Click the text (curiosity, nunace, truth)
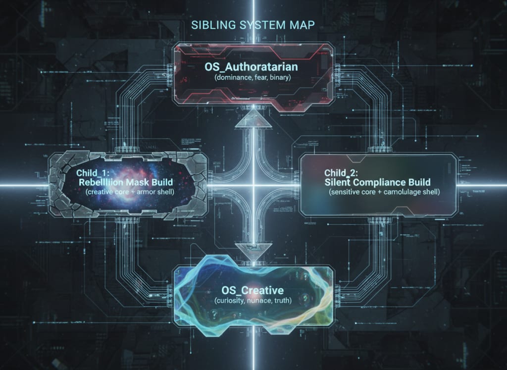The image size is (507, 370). (253, 301)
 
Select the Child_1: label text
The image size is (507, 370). (94, 173)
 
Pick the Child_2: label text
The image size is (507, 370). (342, 173)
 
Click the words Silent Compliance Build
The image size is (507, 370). (379, 182)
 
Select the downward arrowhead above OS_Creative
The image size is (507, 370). (253, 251)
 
